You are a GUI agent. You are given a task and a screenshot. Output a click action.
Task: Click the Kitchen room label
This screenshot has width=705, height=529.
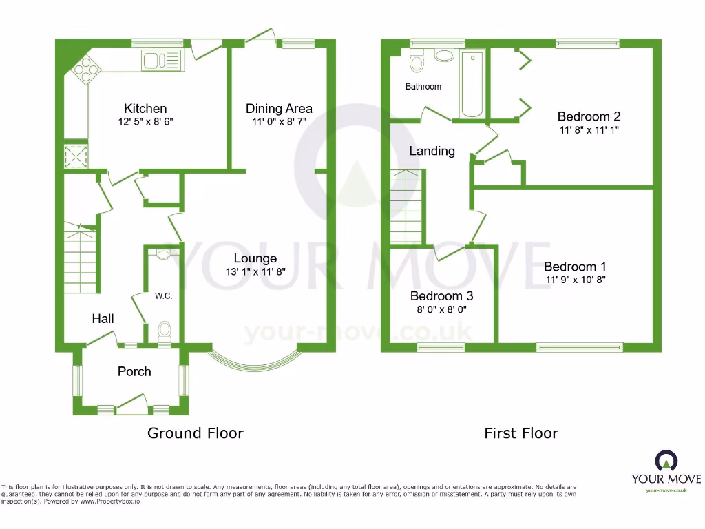tap(145, 109)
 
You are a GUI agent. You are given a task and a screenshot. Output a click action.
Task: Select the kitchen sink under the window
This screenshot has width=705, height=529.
tap(161, 61)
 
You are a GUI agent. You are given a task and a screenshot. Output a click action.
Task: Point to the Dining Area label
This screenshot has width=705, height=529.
tap(279, 108)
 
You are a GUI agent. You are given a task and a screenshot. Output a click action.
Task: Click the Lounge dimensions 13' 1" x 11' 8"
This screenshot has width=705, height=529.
tap(255, 272)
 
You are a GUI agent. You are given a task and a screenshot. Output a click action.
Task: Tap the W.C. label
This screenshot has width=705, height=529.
tap(163, 296)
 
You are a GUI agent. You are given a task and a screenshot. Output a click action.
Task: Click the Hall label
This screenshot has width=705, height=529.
tap(103, 318)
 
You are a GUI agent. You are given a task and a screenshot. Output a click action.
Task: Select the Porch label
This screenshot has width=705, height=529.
tap(134, 371)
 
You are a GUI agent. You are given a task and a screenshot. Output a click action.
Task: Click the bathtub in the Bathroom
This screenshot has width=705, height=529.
tap(472, 84)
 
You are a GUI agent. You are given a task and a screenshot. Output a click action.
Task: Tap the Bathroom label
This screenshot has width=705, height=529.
tap(423, 87)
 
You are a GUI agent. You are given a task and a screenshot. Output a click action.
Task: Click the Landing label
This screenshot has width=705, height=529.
tap(432, 151)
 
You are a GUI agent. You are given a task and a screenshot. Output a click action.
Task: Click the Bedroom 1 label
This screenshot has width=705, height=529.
tap(575, 267)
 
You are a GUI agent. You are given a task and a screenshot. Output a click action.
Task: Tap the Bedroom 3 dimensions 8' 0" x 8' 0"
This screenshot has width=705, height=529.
tap(441, 309)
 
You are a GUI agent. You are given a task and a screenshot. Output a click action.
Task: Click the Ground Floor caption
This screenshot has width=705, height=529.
tap(196, 433)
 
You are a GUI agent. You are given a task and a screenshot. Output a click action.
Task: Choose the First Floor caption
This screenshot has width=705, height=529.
tap(521, 433)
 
